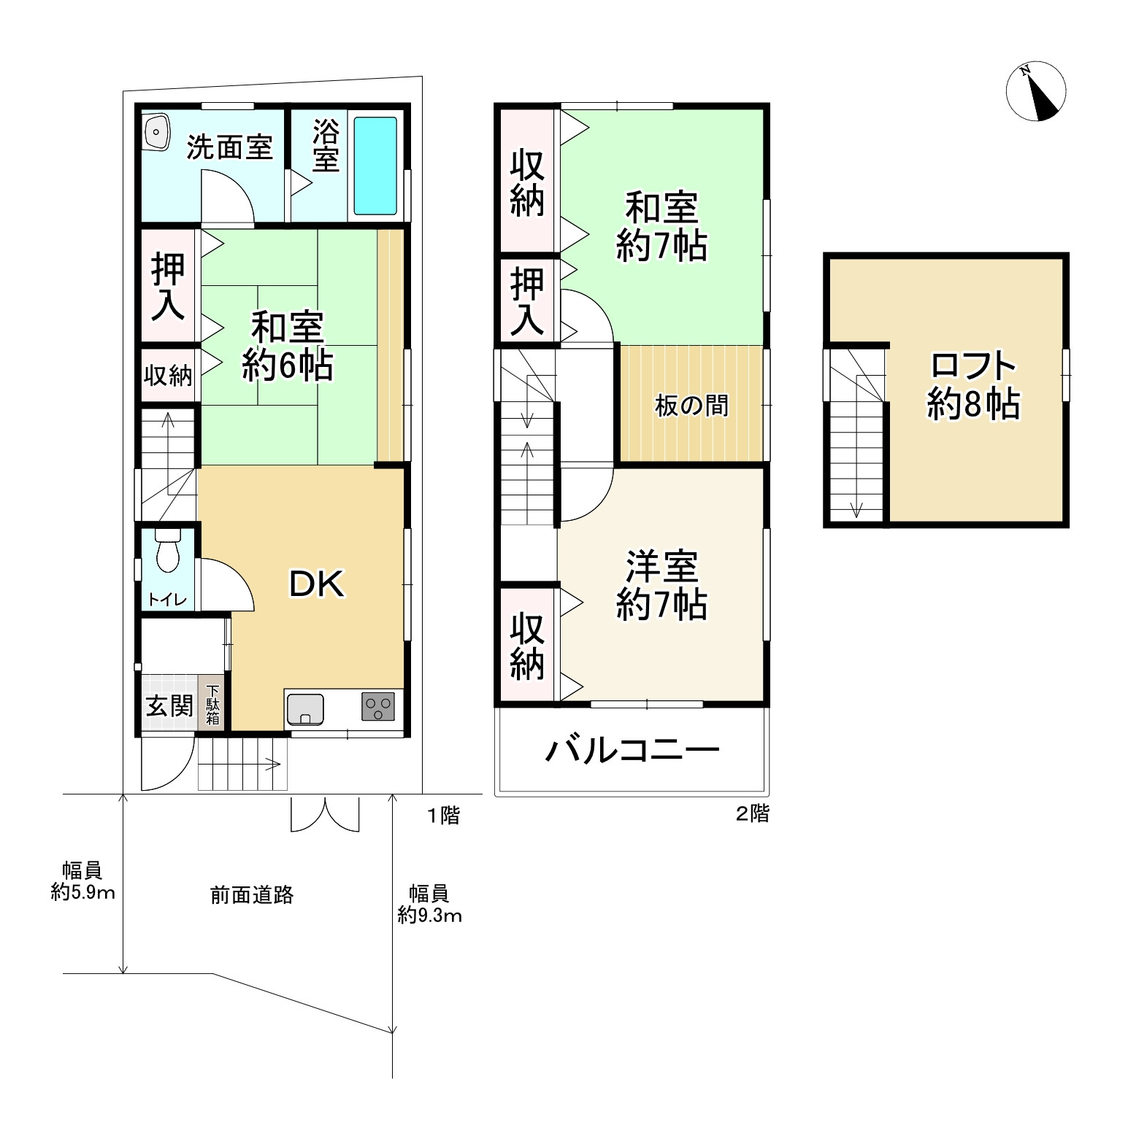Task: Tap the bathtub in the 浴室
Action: coord(375,165)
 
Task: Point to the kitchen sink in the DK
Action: coord(305,708)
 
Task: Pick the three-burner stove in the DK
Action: coord(377,707)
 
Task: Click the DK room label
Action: coord(316,584)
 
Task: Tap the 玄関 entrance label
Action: coord(169,706)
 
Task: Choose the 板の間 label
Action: coord(691,406)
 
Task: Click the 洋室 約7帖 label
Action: coord(661,585)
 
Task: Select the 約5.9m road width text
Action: coord(83,891)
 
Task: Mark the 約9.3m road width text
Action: coord(429,915)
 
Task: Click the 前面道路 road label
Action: coord(252,895)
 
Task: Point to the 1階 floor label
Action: coord(443,815)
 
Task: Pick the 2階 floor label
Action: coord(752,813)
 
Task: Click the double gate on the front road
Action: coord(325,815)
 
